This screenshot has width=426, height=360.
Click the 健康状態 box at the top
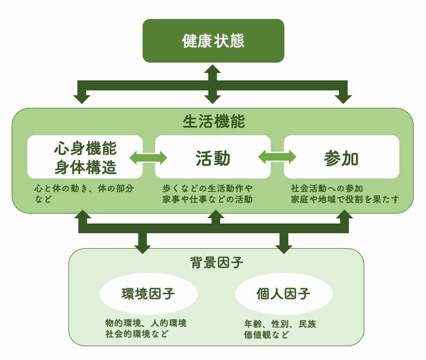[x=213, y=41]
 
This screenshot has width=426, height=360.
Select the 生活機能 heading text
[x=214, y=121]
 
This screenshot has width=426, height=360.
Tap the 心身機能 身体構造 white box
[x=85, y=157]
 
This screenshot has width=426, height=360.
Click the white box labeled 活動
[x=213, y=157]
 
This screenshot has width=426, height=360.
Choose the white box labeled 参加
[x=341, y=157]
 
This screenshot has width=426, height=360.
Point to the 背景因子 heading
[x=216, y=262]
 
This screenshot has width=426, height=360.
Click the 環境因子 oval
[x=148, y=294]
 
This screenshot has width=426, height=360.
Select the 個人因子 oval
[x=284, y=294]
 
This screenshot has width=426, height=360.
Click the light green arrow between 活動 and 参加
[x=277, y=157]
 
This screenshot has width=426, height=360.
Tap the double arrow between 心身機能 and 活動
[x=148, y=158]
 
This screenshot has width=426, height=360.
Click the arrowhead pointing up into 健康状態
[x=213, y=69]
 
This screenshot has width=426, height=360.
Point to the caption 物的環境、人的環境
[x=146, y=323]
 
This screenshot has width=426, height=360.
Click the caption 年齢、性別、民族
[x=280, y=324]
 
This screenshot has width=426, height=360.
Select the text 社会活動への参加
[x=327, y=188]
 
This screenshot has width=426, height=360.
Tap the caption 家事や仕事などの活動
[x=207, y=199]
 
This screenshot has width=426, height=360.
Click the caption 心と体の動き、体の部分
[x=84, y=188]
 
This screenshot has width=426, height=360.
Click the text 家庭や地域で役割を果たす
[x=345, y=199]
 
